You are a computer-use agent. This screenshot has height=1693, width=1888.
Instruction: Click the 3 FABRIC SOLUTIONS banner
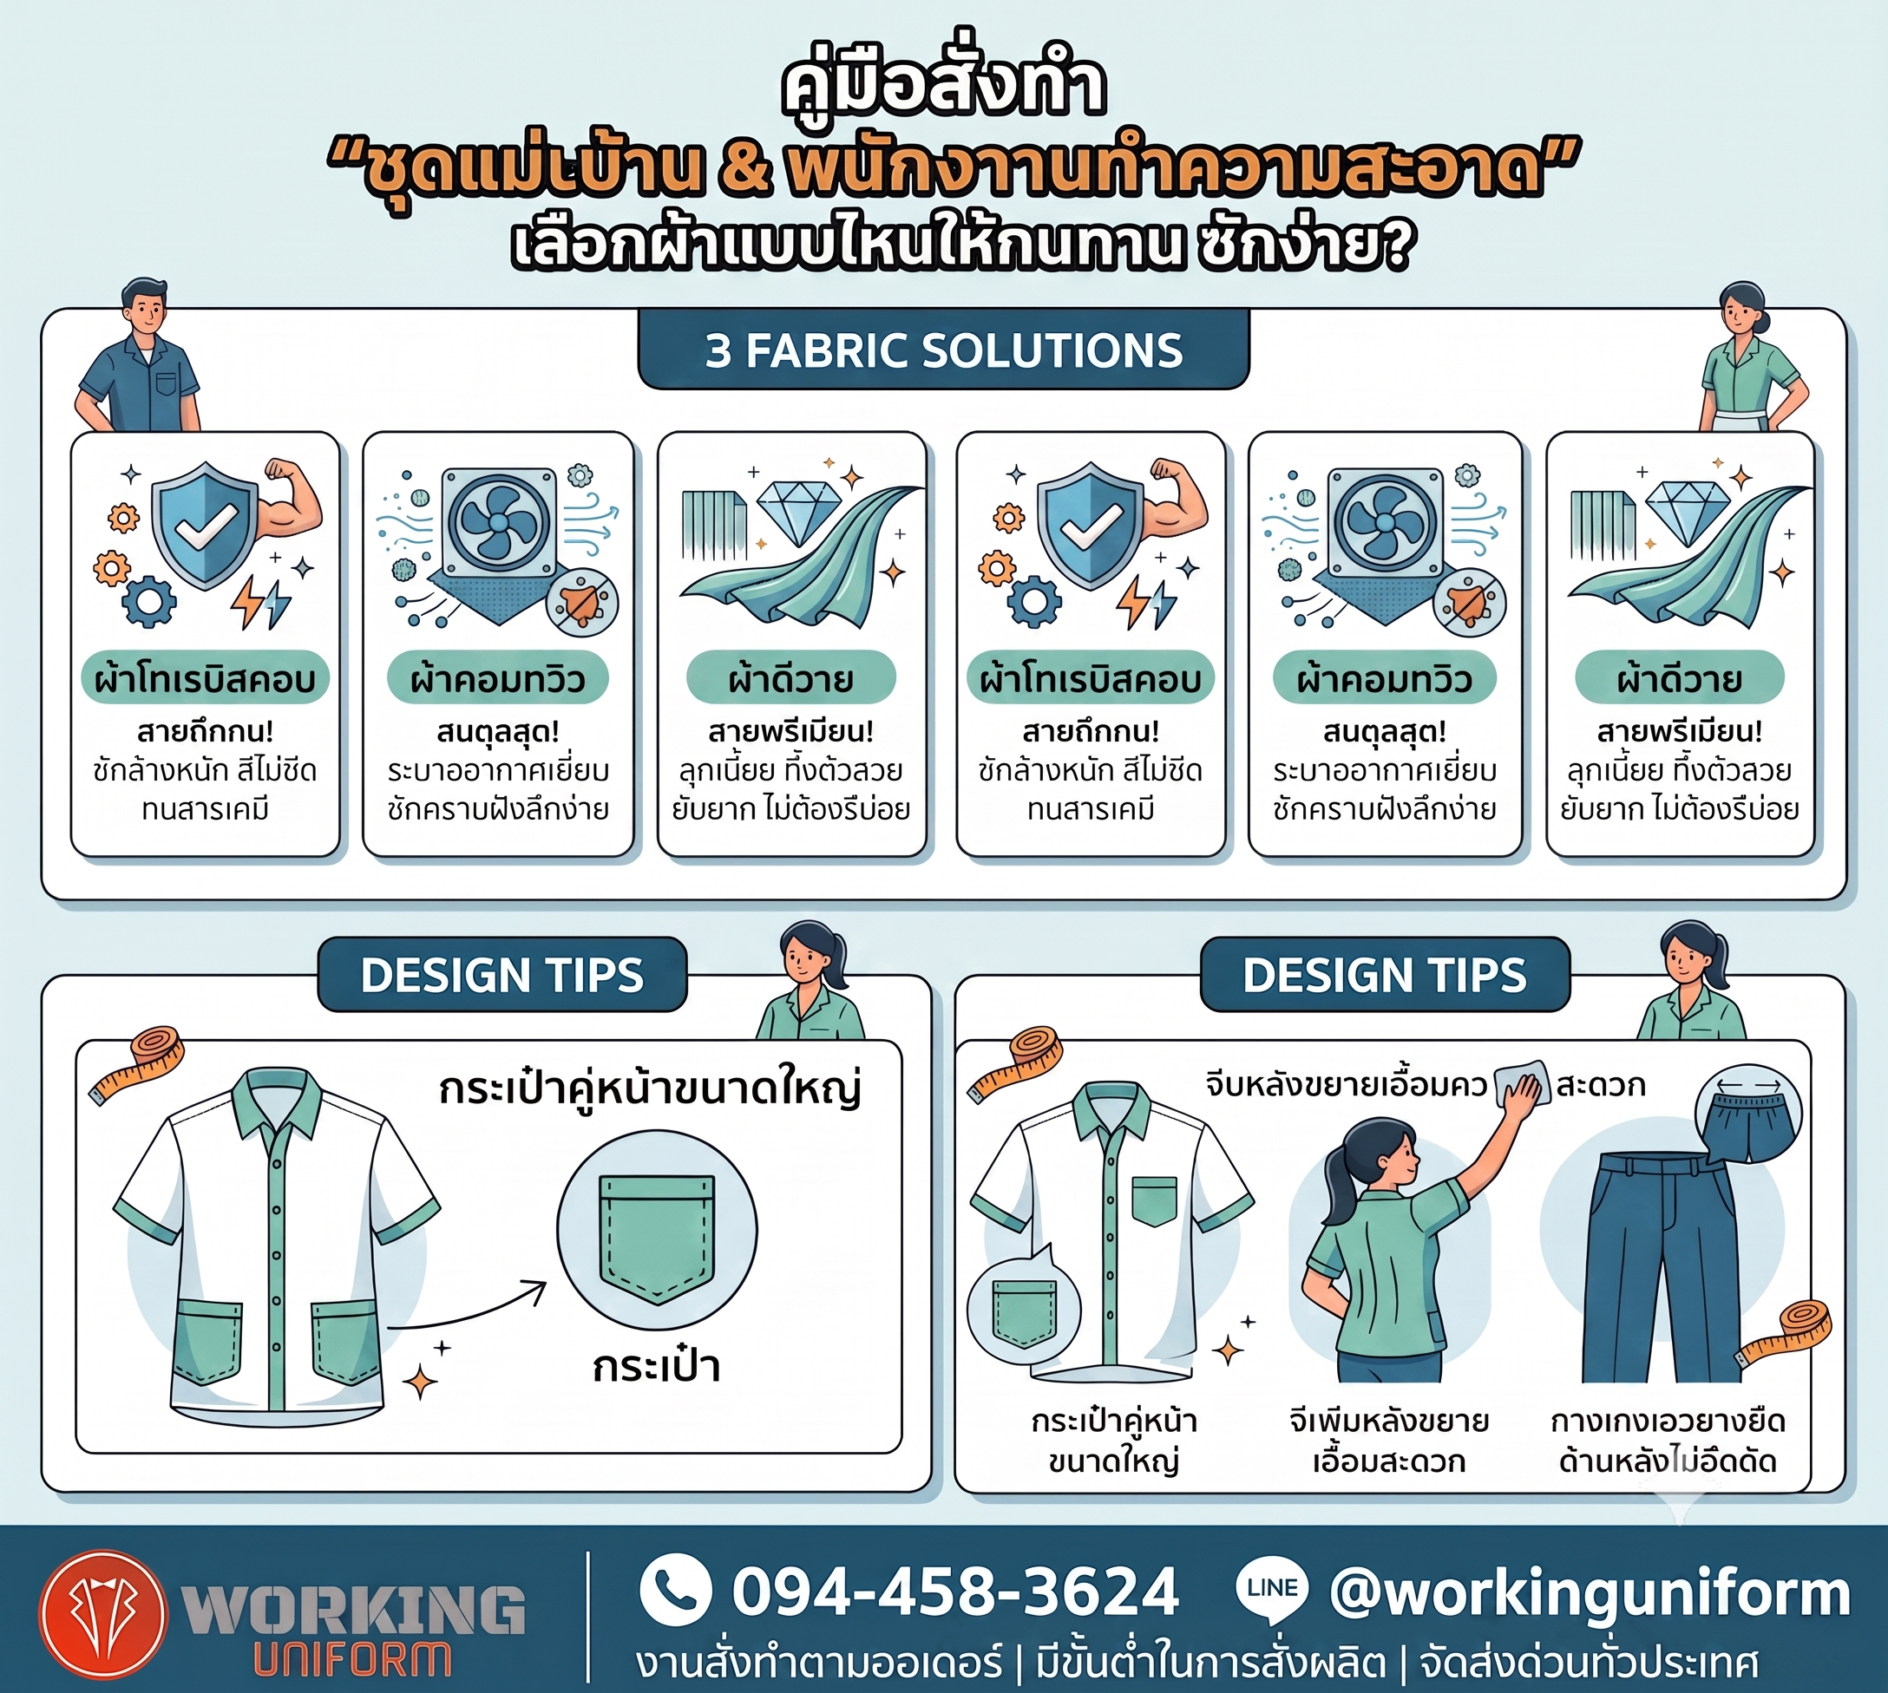[x=942, y=350]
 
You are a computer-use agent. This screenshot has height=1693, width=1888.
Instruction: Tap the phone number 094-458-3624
[x=955, y=1592]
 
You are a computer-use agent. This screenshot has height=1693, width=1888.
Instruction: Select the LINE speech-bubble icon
[x=1272, y=1590]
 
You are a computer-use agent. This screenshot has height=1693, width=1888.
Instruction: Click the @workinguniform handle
[x=1590, y=1592]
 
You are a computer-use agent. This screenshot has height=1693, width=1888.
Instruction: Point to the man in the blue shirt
[x=141, y=356]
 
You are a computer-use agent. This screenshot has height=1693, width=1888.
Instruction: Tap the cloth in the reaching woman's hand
[x=1521, y=1082]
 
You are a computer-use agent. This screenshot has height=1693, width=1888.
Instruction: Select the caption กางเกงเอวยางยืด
[x=1668, y=1422]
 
